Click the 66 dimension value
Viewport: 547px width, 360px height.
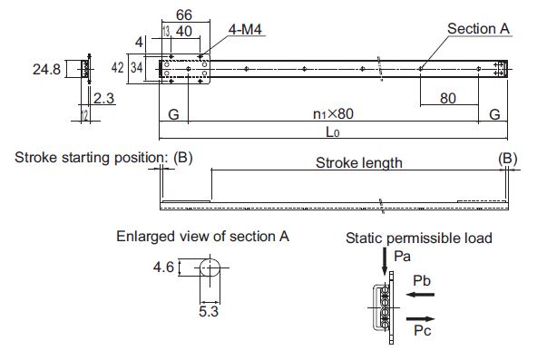pos(184,15)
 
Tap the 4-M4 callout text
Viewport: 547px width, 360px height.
pos(245,30)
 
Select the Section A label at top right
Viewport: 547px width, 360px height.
pos(478,29)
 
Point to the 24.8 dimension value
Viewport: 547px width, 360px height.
pos(47,69)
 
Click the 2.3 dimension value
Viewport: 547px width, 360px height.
pos(103,98)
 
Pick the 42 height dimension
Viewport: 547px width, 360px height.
pos(118,67)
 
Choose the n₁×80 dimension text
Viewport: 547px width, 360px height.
pos(333,113)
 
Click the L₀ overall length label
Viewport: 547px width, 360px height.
pos(332,131)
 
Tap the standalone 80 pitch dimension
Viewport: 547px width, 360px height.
pos(448,98)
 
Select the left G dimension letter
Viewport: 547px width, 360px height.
pos(173,114)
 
